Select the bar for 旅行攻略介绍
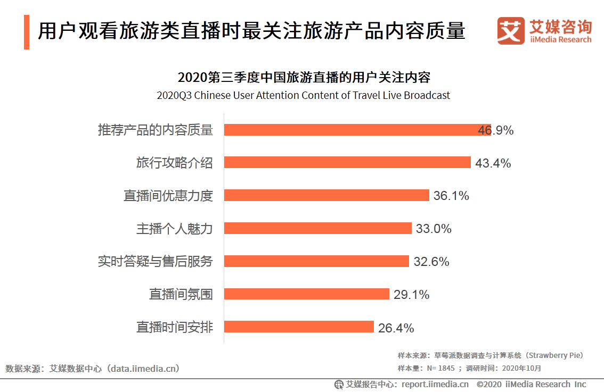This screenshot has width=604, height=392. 347,163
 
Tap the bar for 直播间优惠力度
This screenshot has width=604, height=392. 327,195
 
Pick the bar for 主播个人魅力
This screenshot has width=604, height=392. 318,228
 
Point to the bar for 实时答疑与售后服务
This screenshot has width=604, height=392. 316,261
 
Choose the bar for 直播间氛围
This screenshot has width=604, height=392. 307,294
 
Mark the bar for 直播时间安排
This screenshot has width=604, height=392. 299,327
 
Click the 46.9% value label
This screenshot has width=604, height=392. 496,130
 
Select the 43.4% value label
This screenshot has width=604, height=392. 493,163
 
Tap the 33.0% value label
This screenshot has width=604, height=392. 434,229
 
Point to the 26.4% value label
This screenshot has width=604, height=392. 396,328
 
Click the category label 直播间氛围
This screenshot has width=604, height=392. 181,294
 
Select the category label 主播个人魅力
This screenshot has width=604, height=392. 175,229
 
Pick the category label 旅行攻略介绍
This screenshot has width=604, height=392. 175,163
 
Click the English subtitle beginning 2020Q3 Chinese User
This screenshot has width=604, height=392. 303,96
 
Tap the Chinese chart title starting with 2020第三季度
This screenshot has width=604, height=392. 304,78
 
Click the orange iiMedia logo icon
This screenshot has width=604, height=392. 511,30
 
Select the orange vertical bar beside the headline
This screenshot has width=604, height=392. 27,32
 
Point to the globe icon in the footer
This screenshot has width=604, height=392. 339,384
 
